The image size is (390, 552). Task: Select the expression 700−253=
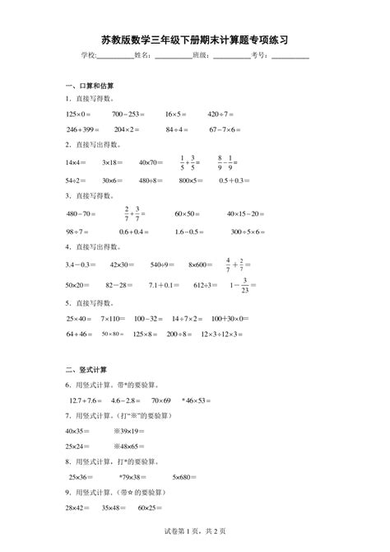pos(129,114)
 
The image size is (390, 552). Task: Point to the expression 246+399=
pos(82,129)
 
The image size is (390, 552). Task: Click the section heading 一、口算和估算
pos(89,86)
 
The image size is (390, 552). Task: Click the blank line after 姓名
pos(173,57)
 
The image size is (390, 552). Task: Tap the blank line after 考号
pos(290,57)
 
